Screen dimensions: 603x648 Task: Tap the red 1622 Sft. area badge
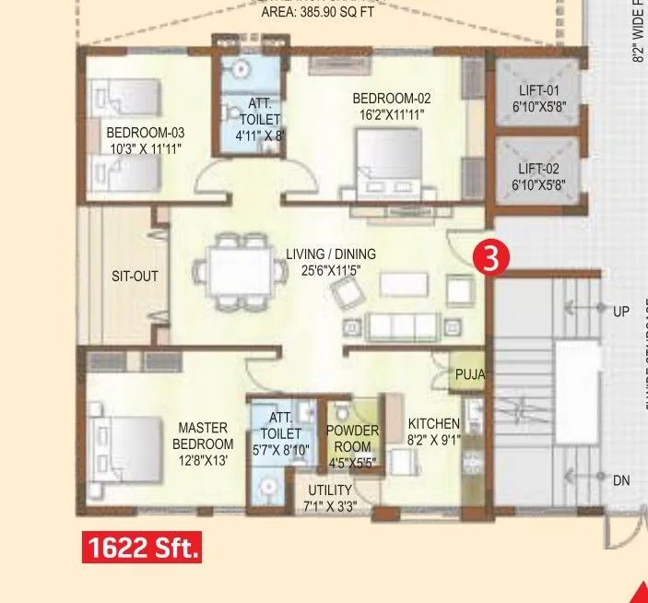pos(142,549)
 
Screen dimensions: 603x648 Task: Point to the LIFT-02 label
pos(538,169)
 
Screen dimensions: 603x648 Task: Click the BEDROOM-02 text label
pos(391,99)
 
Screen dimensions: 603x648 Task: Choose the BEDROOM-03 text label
pos(146,133)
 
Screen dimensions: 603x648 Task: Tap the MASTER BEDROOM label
pos(202,436)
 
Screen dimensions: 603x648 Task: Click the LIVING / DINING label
pos(330,254)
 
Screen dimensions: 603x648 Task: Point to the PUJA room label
pos(469,375)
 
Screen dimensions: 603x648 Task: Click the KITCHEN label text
pos(433,424)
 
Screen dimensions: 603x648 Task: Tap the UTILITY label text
pos(329,490)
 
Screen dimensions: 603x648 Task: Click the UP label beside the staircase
pos(621,312)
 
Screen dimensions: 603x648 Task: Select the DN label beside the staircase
pos(621,480)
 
